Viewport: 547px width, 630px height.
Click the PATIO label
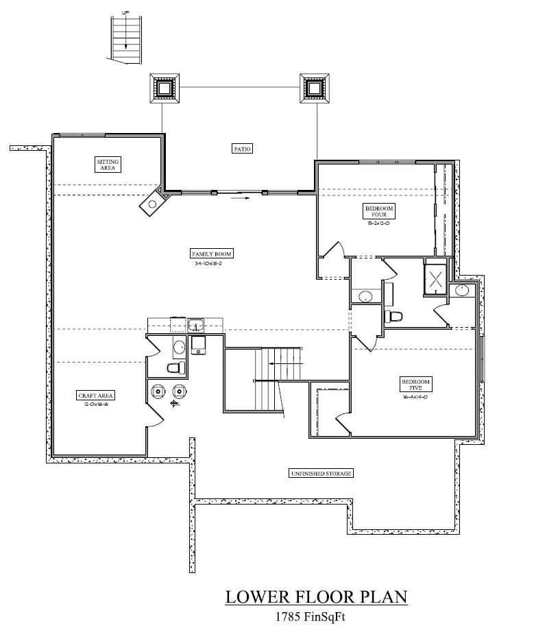(x=243, y=148)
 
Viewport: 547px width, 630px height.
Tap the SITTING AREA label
(x=108, y=165)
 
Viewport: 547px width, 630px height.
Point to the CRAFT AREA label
(x=96, y=396)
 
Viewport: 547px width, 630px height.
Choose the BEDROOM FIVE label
(x=415, y=385)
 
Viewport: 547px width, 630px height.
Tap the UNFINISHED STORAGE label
(x=321, y=474)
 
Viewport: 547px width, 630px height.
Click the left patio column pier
(x=165, y=88)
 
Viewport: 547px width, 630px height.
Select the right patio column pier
(x=314, y=88)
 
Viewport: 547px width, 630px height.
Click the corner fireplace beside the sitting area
(x=154, y=203)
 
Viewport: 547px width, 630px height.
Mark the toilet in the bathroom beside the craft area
(x=175, y=369)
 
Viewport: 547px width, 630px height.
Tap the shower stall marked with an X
(x=435, y=278)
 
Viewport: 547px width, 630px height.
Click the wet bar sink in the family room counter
(x=195, y=325)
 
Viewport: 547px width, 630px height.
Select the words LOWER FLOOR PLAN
(x=316, y=597)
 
